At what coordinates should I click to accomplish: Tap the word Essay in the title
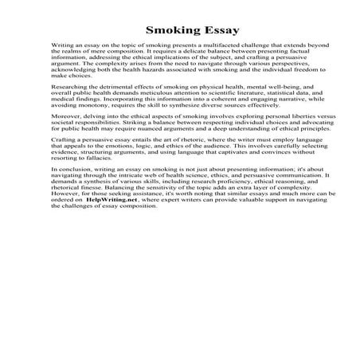click(213, 31)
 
